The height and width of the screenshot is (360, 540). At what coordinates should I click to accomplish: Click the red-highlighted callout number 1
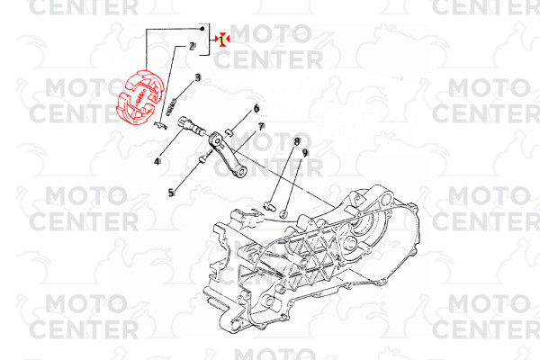(222, 40)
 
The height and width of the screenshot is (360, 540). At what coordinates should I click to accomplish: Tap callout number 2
(193, 46)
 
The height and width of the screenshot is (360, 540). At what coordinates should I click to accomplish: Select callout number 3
(198, 78)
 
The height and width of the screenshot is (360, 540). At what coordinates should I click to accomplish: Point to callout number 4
(157, 161)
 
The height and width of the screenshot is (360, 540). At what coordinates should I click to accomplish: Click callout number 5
(171, 193)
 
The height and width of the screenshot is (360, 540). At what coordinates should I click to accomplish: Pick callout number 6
(256, 109)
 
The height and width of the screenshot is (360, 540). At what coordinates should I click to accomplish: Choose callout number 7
(261, 127)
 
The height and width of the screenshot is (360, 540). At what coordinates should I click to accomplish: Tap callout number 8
(296, 141)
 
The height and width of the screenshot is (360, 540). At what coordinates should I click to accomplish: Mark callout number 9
(305, 153)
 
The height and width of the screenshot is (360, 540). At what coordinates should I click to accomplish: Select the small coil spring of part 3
(171, 107)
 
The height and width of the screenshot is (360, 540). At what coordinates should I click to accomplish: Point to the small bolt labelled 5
(203, 157)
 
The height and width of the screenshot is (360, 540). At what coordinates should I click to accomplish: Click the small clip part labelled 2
(160, 125)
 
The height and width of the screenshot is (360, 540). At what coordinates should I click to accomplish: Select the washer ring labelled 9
(283, 214)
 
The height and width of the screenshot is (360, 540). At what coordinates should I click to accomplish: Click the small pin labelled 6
(229, 131)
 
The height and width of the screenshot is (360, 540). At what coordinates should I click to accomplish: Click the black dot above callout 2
(202, 28)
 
